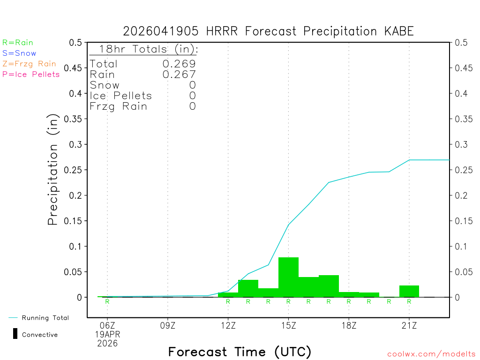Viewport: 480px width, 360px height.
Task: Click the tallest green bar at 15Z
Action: click(x=288, y=277)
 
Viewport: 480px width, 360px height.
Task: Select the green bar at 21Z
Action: click(x=409, y=291)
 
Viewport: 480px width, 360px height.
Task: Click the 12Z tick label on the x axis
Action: click(x=228, y=324)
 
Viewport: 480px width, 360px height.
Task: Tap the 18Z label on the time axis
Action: click(x=349, y=324)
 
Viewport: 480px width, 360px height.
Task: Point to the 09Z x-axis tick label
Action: click(x=167, y=324)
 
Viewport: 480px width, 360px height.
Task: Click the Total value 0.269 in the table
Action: click(x=179, y=64)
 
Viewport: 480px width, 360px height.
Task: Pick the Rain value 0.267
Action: click(x=179, y=74)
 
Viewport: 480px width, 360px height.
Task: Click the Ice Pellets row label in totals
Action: click(x=121, y=96)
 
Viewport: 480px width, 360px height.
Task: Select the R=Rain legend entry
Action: click(x=18, y=43)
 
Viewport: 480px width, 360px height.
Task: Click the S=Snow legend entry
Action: click(x=19, y=53)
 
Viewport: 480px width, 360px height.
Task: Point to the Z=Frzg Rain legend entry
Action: click(x=29, y=64)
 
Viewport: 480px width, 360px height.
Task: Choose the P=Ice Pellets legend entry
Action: click(x=31, y=74)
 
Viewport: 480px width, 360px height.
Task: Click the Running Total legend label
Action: click(x=45, y=318)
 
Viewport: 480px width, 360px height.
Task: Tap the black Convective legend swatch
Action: click(x=15, y=334)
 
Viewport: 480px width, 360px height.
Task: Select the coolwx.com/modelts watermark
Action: click(x=431, y=354)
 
